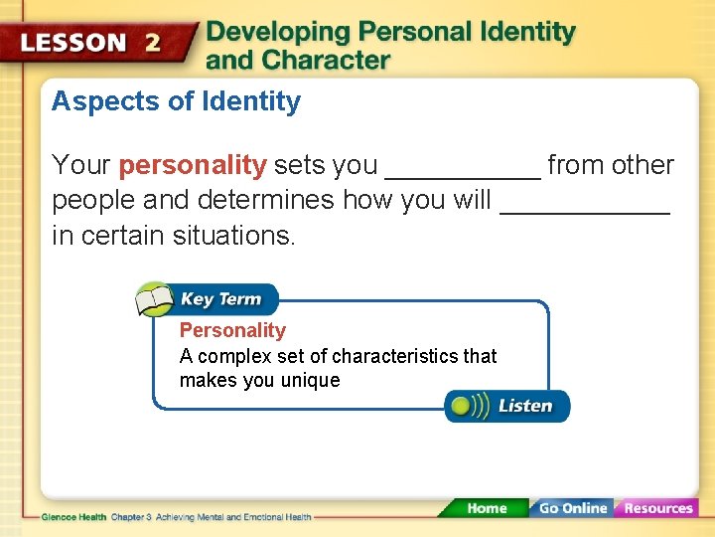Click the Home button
(486, 508)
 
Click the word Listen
(525, 406)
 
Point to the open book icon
(154, 299)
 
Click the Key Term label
(220, 299)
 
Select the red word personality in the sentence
(193, 165)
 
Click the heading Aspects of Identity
(176, 101)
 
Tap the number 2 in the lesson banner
(152, 44)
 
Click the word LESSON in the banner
(73, 44)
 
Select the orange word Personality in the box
(232, 330)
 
